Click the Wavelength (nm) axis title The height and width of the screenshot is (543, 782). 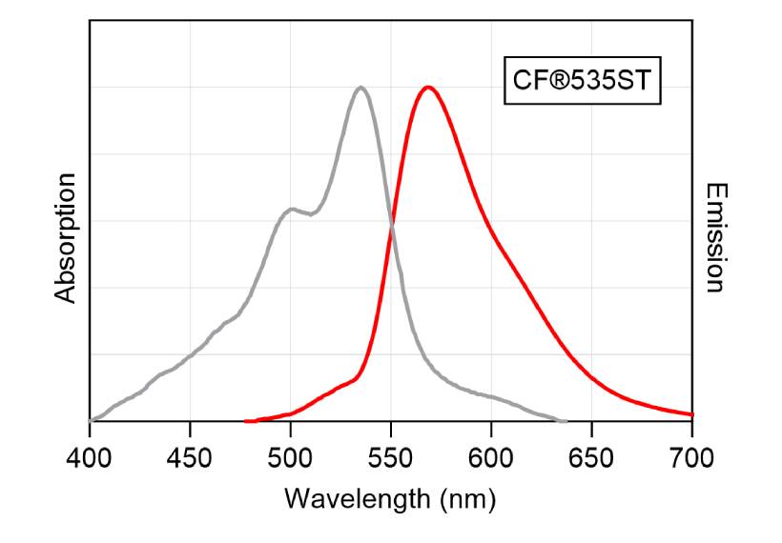tap(390, 497)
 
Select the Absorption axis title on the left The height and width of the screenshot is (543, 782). tap(65, 238)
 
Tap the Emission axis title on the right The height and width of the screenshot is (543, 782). tap(716, 238)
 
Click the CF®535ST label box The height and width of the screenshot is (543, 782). tap(581, 80)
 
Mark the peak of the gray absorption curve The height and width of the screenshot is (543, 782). tap(360, 88)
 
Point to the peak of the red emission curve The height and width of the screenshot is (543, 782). tap(428, 88)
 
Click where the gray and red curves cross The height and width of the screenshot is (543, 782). tap(392, 225)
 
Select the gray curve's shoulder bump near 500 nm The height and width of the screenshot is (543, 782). tap(291, 209)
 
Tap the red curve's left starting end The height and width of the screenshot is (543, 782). tap(247, 420)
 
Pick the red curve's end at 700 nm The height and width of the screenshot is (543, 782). tap(691, 414)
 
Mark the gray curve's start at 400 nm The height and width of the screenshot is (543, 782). tap(92, 419)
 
